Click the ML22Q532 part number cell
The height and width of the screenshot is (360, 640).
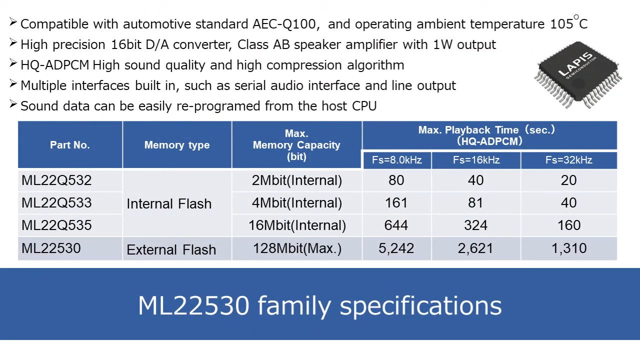point(56,180)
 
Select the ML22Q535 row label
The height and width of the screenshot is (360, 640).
point(56,225)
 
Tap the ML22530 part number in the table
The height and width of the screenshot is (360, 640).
point(51,248)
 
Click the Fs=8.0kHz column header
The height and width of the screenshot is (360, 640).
point(396,160)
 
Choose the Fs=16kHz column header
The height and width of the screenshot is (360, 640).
point(476,160)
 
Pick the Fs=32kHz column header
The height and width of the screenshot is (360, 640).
point(568,160)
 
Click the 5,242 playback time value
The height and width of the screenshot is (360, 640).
point(396,248)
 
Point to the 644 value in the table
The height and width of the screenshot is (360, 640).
point(396,225)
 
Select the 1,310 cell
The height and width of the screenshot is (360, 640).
point(568,248)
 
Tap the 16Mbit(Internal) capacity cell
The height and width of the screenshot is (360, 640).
point(297,225)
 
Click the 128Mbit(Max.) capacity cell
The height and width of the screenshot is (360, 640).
point(297,248)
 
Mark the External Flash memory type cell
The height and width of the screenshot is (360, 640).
point(171,249)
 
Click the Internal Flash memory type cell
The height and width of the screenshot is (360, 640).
point(169,203)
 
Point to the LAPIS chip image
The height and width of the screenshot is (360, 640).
point(578,75)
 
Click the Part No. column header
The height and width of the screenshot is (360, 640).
point(70,145)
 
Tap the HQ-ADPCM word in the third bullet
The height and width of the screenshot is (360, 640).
point(54,65)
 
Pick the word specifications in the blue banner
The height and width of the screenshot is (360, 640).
point(420,305)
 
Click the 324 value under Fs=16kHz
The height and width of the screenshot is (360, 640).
point(475,225)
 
